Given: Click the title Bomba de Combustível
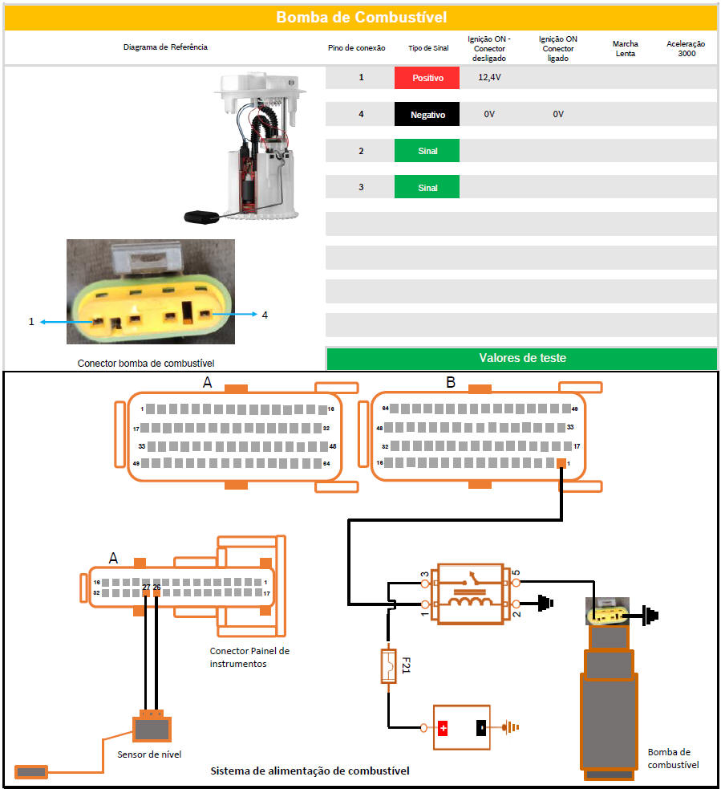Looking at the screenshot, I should pos(361,17).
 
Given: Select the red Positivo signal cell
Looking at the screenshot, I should pos(427,78).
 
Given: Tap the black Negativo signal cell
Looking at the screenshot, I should pos(427,115).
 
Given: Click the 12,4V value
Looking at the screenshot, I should pos(489,78).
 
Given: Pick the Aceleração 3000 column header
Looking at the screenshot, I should pos(686,48).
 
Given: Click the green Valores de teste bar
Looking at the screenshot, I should pos(521,358).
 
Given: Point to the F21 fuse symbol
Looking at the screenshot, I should pos(389,665).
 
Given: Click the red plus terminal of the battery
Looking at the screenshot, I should pos(443,728).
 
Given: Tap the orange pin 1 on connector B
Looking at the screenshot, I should pos(561,464).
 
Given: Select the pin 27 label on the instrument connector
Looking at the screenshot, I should pos(146,588).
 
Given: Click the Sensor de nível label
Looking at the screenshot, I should pos(149,754).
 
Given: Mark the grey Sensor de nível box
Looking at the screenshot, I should pos(152,730).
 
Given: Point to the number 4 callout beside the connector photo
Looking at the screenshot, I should pos(265,315).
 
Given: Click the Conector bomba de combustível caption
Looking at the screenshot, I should pos(146,363).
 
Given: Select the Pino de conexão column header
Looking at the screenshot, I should pos(356,48).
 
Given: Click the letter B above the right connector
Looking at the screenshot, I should pos(450,383).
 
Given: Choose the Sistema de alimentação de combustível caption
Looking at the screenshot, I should pos(310,771).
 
